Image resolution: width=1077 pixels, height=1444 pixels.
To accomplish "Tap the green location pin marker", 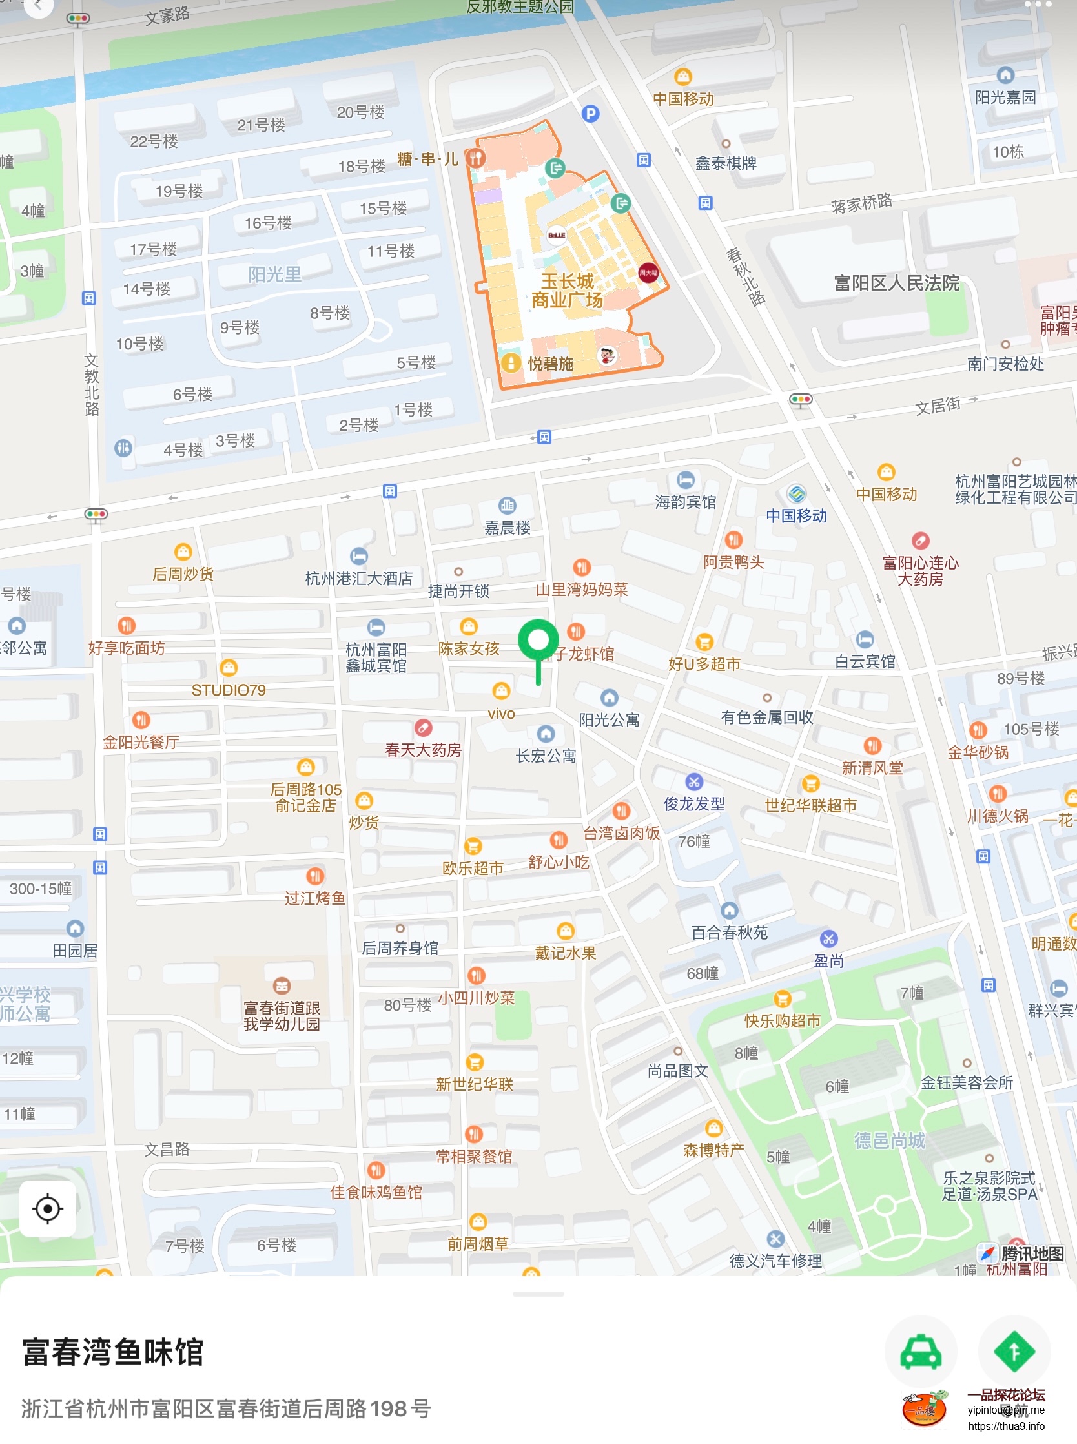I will tap(538, 642).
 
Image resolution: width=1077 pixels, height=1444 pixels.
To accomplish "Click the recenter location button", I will tap(48, 1208).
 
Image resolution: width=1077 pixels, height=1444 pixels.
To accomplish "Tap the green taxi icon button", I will tap(920, 1352).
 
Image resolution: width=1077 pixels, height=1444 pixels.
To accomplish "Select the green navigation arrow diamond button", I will tap(1014, 1352).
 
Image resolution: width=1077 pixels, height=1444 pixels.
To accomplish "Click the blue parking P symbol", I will tap(590, 114).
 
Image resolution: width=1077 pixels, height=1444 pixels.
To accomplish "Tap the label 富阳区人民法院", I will tap(896, 283).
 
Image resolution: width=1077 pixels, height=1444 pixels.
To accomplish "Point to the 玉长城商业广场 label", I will tap(566, 291).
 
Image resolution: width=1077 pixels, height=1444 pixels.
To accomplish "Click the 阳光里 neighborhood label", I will tap(274, 274).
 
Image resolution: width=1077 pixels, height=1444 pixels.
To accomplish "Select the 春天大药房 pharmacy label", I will tap(423, 750).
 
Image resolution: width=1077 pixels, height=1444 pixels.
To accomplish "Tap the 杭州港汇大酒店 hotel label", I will tap(358, 578).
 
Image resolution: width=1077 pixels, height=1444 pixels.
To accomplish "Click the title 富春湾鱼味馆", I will tap(113, 1352).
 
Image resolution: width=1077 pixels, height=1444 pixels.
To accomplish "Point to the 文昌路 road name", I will tap(167, 1149).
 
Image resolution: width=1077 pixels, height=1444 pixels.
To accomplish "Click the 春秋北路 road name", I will tap(745, 276).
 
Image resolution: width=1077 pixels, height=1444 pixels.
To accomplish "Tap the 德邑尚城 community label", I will tap(889, 1140).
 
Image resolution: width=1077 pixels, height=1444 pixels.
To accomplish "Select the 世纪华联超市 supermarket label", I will tap(810, 805).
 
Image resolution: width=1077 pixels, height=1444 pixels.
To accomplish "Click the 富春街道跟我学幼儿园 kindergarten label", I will tap(282, 1016).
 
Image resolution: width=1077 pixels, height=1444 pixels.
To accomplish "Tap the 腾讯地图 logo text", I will tap(1032, 1253).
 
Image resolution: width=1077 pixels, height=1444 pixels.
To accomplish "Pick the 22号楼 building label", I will tap(154, 141).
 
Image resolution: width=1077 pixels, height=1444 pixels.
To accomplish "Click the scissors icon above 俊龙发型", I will tap(693, 781).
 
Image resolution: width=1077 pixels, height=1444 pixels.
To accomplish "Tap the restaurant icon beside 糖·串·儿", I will tap(476, 158).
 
